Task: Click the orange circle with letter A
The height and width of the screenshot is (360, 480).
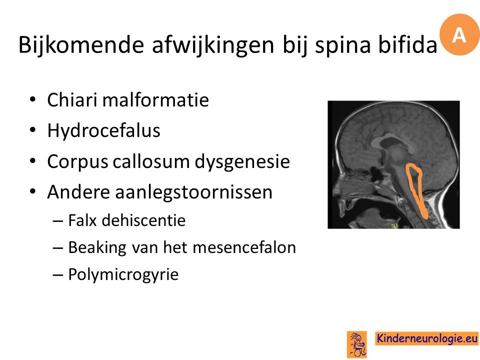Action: (x=459, y=34)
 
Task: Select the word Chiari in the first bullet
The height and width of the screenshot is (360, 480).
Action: (x=72, y=100)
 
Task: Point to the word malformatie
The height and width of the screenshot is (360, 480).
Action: (x=156, y=100)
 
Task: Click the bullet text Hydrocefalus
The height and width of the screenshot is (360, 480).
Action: (x=104, y=131)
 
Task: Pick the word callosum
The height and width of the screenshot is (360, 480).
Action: (x=151, y=161)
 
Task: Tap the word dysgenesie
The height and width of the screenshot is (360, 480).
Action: (x=242, y=162)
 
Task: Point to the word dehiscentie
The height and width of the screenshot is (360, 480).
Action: (x=143, y=220)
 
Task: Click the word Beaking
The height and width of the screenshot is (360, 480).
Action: (x=97, y=248)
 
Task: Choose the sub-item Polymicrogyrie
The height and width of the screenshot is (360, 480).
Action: (x=123, y=274)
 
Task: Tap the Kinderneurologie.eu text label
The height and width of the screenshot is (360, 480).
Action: (x=426, y=338)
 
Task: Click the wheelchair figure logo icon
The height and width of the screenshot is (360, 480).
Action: (x=357, y=344)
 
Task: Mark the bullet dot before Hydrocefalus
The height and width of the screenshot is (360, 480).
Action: (x=33, y=130)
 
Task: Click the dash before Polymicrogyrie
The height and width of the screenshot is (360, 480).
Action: (x=57, y=275)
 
